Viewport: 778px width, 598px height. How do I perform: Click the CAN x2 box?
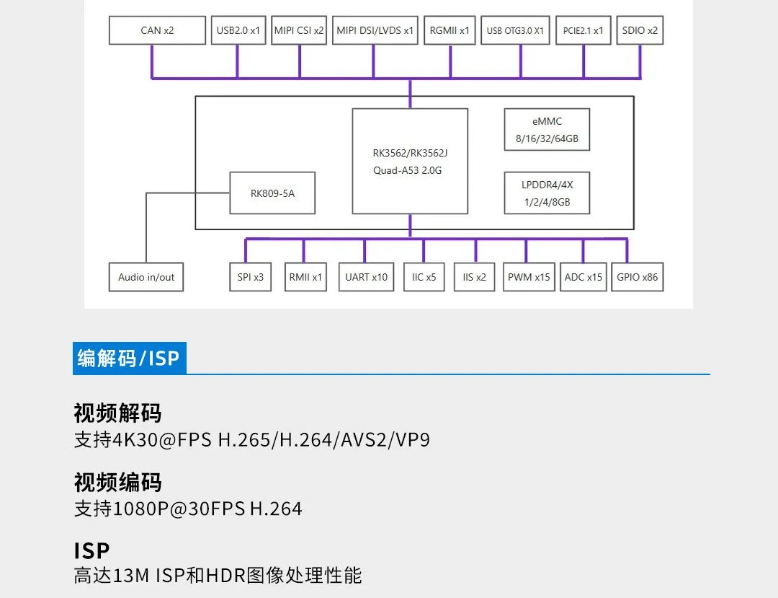[x=157, y=31]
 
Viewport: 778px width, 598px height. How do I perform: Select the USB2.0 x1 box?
[x=238, y=31]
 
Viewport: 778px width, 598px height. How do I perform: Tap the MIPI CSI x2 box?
[x=299, y=31]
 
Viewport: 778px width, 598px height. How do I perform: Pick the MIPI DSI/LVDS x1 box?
[x=375, y=31]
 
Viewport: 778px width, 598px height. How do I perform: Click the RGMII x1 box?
[x=450, y=31]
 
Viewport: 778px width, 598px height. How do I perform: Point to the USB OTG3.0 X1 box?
[x=515, y=31]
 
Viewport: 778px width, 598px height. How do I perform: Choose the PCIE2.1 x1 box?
[x=583, y=31]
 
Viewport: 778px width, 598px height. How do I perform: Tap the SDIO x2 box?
[x=640, y=31]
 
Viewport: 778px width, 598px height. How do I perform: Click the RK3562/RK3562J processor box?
[x=410, y=161]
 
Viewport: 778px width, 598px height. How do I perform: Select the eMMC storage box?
[x=547, y=130]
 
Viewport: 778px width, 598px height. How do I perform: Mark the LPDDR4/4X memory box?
[x=547, y=193]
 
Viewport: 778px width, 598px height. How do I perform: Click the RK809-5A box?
[x=272, y=193]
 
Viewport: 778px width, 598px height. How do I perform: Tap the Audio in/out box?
[x=146, y=277]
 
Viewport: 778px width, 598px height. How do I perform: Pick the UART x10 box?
[x=366, y=277]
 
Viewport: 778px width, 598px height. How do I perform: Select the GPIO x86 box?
[x=638, y=277]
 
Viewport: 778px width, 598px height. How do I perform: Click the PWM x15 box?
[x=529, y=277]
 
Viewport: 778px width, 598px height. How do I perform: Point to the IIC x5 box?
[x=424, y=277]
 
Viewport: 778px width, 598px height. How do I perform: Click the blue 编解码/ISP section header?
[x=129, y=358]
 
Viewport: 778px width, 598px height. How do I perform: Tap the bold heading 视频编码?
[x=117, y=483]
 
